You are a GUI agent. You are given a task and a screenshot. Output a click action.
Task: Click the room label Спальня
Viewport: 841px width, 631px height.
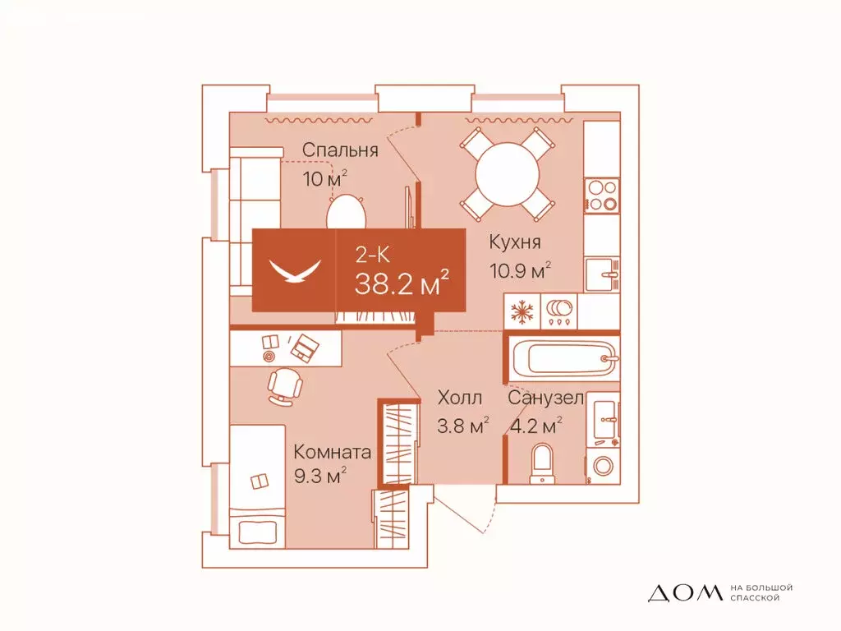[x=340, y=150]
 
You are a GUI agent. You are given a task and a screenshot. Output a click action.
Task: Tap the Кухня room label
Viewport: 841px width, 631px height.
[x=514, y=242]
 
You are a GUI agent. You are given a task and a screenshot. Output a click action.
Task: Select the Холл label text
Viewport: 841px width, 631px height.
[x=460, y=398]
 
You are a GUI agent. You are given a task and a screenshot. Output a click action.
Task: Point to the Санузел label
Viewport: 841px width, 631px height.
[x=545, y=398]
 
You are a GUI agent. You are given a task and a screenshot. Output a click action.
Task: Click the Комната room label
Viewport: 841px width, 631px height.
[x=332, y=452]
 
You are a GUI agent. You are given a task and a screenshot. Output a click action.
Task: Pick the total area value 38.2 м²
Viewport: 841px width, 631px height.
[x=401, y=283]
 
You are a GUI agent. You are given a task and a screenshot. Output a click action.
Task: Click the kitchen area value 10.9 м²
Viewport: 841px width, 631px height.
[x=520, y=270]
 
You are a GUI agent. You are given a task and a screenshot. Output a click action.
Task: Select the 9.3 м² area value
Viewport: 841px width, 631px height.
[x=319, y=475]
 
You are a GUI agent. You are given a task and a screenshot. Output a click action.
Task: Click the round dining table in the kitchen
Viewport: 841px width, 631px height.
[x=508, y=174]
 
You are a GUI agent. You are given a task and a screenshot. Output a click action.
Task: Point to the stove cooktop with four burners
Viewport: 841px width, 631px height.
[x=602, y=196]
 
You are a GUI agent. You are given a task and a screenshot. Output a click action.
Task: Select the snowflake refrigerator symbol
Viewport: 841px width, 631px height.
[x=522, y=311]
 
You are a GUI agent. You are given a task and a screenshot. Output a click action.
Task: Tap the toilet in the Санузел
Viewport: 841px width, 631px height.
[x=542, y=463]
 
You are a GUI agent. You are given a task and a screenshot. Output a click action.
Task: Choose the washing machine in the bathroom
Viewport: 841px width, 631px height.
[x=603, y=465]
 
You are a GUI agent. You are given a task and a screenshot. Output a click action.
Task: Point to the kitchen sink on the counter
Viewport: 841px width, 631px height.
[x=602, y=274]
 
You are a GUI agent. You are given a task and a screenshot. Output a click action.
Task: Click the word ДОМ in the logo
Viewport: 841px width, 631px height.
[x=686, y=592]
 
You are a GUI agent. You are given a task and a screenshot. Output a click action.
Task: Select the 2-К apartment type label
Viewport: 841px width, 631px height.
[x=373, y=255]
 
